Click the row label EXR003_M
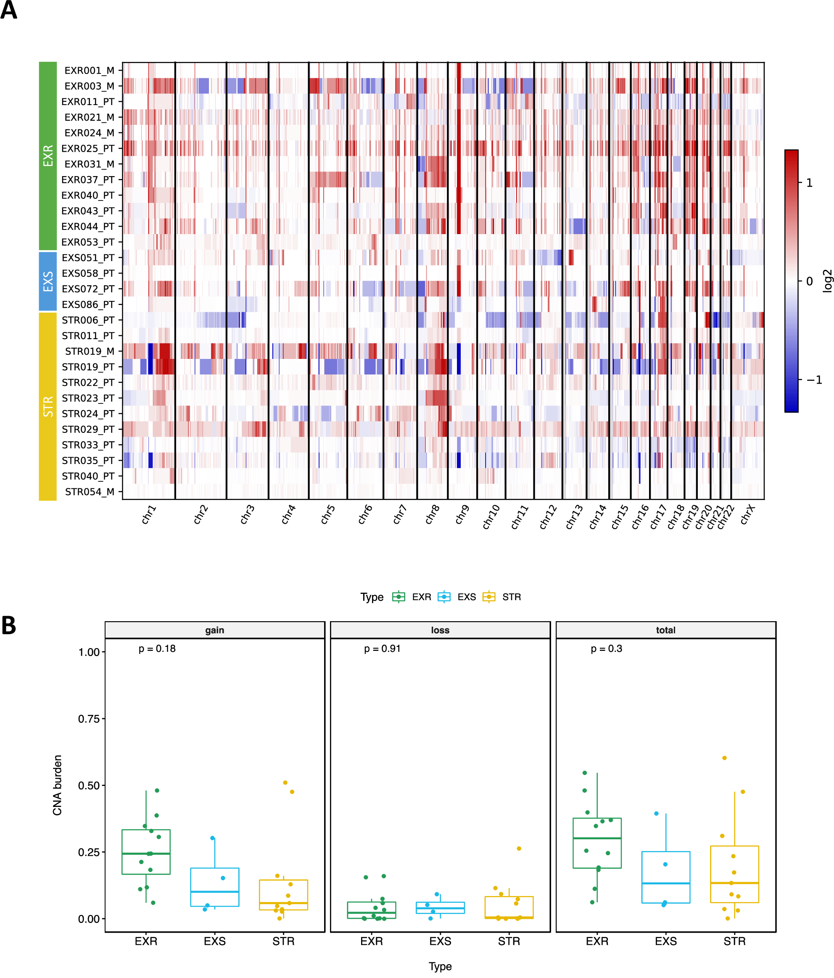(x=89, y=86)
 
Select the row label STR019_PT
(x=88, y=367)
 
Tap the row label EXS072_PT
(x=88, y=289)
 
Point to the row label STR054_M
(x=89, y=492)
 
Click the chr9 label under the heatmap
(x=462, y=514)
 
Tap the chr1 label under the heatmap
(x=149, y=514)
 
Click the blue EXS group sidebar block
(x=48, y=281)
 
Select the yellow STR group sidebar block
(x=48, y=406)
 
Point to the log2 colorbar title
(x=827, y=281)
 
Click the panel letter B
(x=8, y=626)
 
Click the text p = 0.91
(x=382, y=648)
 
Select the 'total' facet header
(x=665, y=630)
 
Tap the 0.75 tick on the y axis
(x=89, y=719)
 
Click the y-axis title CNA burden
(x=57, y=785)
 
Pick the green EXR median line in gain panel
(x=146, y=854)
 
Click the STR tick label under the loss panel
(x=509, y=941)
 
